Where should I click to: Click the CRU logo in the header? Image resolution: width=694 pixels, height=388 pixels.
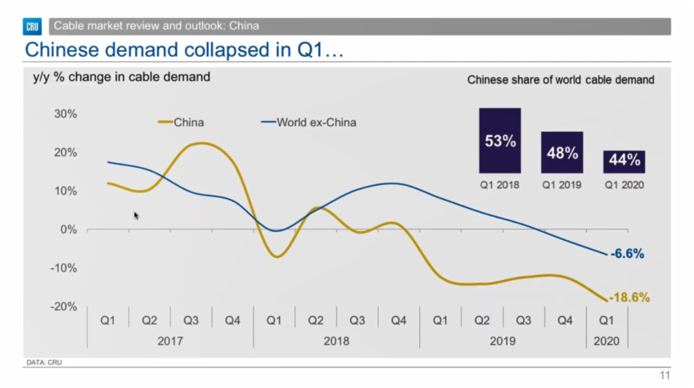click(33, 26)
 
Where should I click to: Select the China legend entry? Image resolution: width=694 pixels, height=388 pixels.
click(182, 122)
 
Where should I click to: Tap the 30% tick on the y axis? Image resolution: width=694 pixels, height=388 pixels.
click(64, 114)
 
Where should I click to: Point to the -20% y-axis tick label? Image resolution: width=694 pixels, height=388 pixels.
click(63, 307)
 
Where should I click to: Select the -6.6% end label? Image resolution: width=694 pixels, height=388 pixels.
click(627, 254)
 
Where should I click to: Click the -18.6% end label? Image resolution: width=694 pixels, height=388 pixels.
click(630, 298)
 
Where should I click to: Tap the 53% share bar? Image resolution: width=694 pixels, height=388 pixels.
click(500, 140)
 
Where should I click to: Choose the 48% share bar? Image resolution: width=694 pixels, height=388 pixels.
click(562, 153)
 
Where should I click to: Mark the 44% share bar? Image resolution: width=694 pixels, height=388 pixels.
click(624, 162)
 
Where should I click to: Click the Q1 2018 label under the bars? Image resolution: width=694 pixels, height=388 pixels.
click(499, 185)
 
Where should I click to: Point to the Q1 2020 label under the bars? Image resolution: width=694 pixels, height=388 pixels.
click(624, 185)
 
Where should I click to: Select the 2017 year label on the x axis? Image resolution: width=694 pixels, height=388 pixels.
click(170, 341)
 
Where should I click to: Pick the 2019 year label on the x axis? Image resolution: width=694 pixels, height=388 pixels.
click(503, 341)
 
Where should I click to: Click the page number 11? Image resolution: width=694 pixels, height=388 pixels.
click(664, 376)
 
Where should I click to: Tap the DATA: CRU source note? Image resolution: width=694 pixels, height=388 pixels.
click(44, 363)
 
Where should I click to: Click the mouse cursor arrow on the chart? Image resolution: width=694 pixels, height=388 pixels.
click(136, 215)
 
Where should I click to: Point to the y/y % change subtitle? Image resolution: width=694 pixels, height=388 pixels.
click(121, 78)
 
